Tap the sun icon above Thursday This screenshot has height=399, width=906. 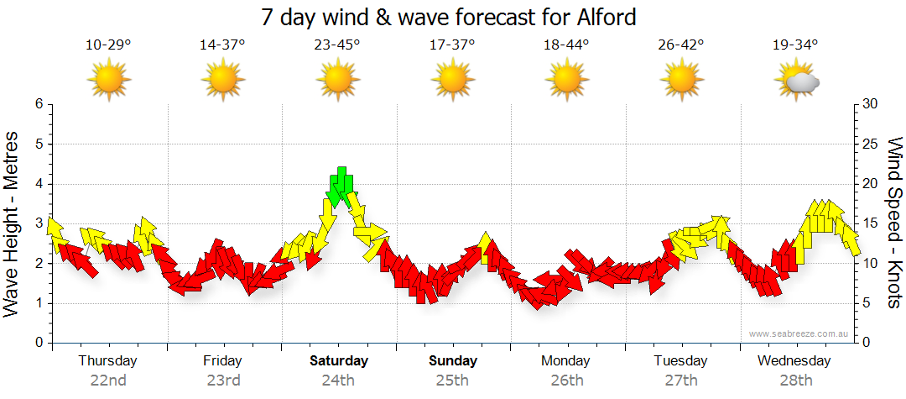pyautogui.click(x=108, y=81)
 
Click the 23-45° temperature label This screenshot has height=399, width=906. pyautogui.click(x=337, y=45)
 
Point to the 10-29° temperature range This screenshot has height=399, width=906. pyautogui.click(x=108, y=45)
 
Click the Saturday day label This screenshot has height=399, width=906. pyautogui.click(x=339, y=361)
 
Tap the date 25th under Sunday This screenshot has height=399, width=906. pyautogui.click(x=452, y=380)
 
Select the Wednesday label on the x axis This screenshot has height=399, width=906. pyautogui.click(x=794, y=361)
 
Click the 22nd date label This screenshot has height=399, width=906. pyautogui.click(x=108, y=380)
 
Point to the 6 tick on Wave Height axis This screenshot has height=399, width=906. pyautogui.click(x=39, y=104)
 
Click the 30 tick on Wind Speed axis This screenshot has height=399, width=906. pyautogui.click(x=870, y=104)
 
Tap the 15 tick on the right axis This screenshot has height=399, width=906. pyautogui.click(x=870, y=223)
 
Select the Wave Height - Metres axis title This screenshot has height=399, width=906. pyautogui.click(x=13, y=223)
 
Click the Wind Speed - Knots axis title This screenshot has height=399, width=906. pyautogui.click(x=893, y=223)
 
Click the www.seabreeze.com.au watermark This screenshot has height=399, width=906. pyautogui.click(x=799, y=333)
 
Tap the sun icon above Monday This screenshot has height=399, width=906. pyautogui.click(x=566, y=81)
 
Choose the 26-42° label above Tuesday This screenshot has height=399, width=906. pyautogui.click(x=680, y=45)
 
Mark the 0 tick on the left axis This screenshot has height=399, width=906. pyautogui.click(x=39, y=343)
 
